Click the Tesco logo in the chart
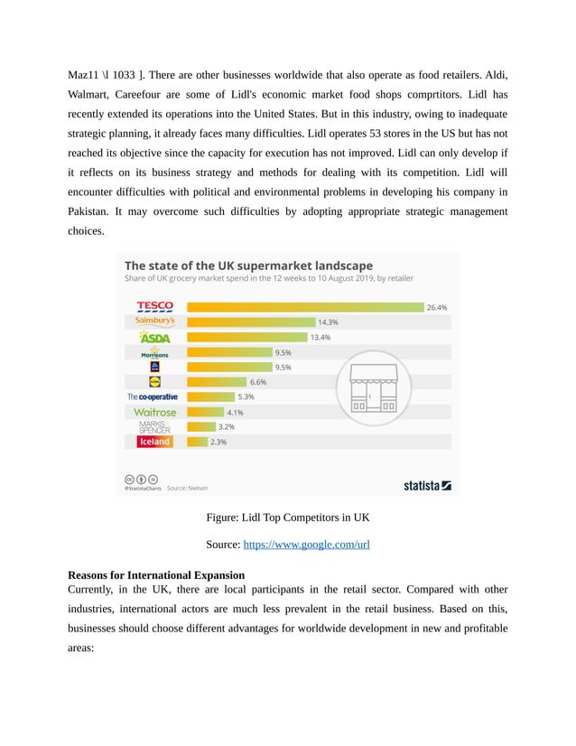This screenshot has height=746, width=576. [x=154, y=306]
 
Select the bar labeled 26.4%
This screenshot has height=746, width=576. [x=304, y=307]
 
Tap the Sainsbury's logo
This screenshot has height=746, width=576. [x=154, y=321]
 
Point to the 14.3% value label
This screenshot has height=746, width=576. [x=328, y=322]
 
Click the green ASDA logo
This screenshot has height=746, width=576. [x=154, y=337]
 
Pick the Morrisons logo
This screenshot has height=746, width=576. [x=154, y=351]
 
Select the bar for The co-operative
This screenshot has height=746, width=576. [x=210, y=396]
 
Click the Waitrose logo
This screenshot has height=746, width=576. [x=154, y=412]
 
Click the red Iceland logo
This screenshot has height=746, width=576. [x=154, y=442]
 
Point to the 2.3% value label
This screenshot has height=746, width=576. [x=218, y=443]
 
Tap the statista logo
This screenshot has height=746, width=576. [x=427, y=485]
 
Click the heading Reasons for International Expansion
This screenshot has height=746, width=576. [x=155, y=574]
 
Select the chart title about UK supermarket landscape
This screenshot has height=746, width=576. [x=247, y=266]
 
